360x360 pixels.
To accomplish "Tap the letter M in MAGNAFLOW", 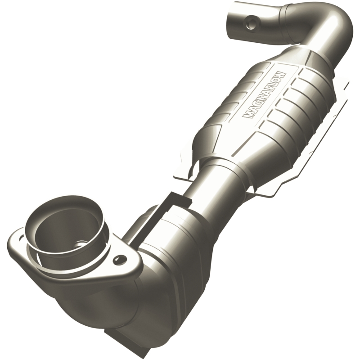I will [x=247, y=115].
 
